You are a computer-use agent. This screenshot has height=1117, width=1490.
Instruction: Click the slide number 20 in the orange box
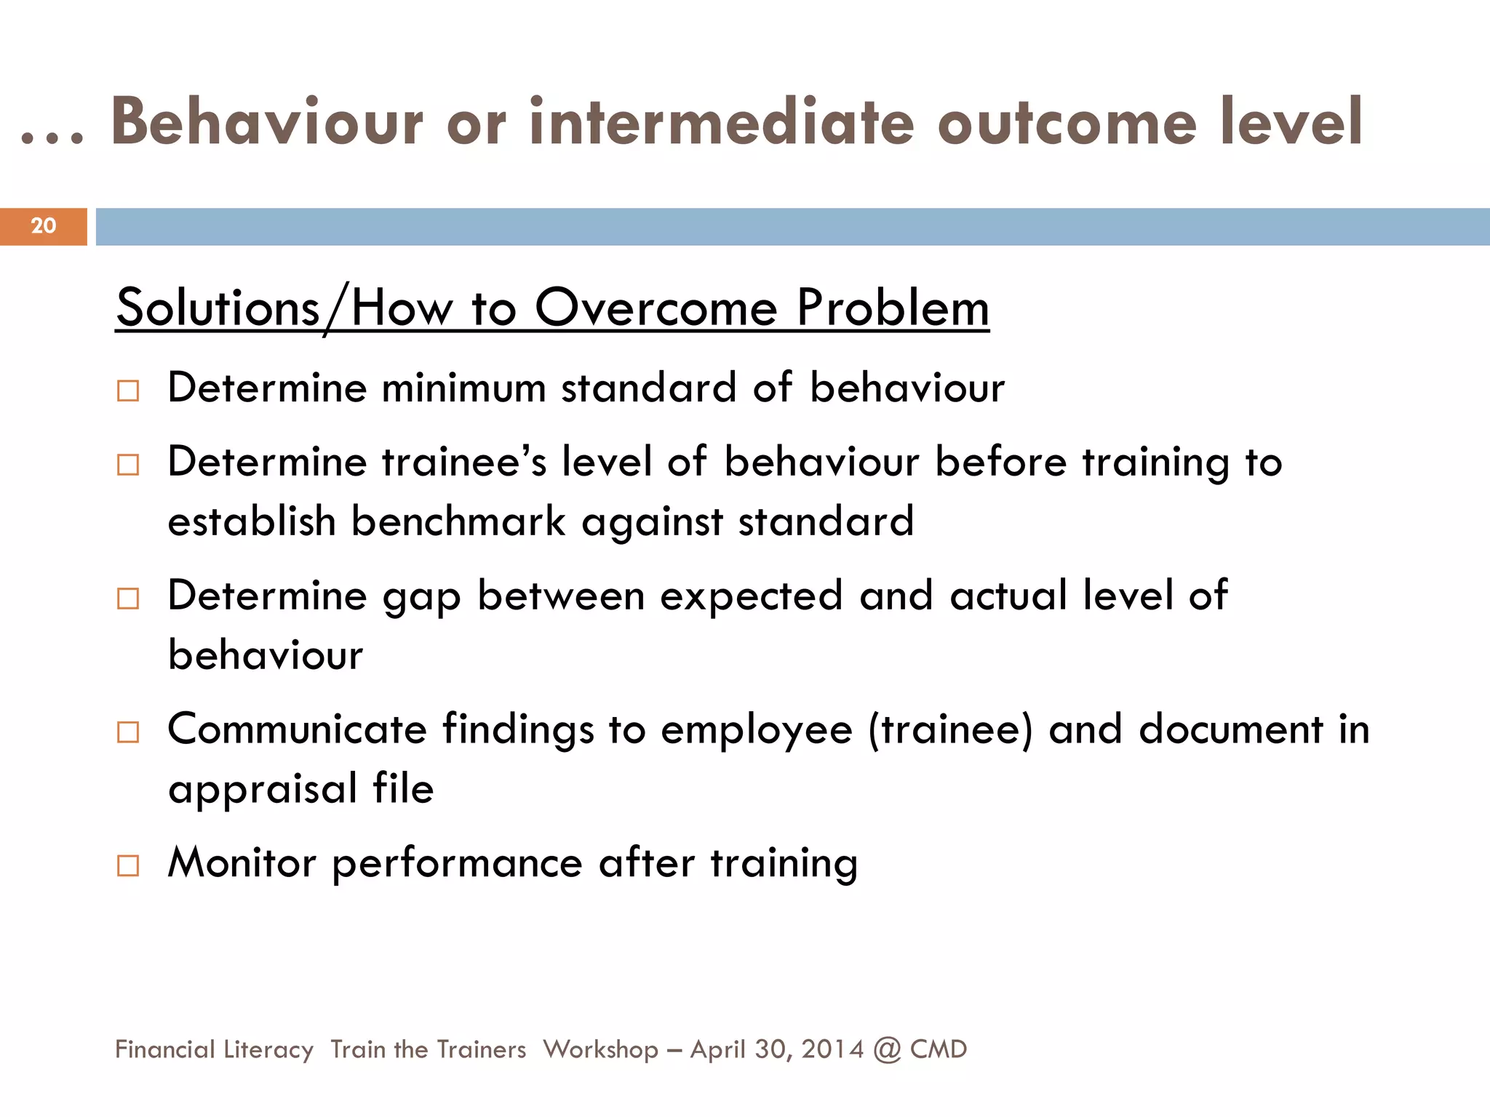pyautogui.click(x=44, y=225)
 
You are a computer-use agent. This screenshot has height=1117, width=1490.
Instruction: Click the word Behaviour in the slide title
pyautogui.click(x=266, y=122)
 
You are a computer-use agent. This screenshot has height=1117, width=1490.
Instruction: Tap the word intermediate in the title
pyautogui.click(x=721, y=122)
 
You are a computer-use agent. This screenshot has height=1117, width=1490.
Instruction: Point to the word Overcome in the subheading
pyautogui.click(x=656, y=308)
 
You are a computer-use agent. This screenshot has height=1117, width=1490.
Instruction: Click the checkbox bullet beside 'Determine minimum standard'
pyautogui.click(x=128, y=391)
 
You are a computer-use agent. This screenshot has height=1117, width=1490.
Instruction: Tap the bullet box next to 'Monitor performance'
pyautogui.click(x=128, y=865)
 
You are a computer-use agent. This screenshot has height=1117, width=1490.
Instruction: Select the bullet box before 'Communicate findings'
pyautogui.click(x=128, y=732)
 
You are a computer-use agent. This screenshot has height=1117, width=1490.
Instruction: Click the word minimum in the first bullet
pyautogui.click(x=463, y=388)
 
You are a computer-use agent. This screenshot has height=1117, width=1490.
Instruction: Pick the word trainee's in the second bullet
pyautogui.click(x=464, y=462)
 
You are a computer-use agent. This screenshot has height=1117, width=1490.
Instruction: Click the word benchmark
pyautogui.click(x=458, y=521)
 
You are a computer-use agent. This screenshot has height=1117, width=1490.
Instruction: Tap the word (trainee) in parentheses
pyautogui.click(x=949, y=729)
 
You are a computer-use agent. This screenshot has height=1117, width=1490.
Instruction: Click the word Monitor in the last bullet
pyautogui.click(x=242, y=863)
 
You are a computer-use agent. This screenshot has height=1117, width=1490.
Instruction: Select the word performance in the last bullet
pyautogui.click(x=457, y=865)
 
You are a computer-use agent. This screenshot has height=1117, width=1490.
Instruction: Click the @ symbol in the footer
pyautogui.click(x=887, y=1050)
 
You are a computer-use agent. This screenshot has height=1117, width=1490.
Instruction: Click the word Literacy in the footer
pyautogui.click(x=268, y=1049)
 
